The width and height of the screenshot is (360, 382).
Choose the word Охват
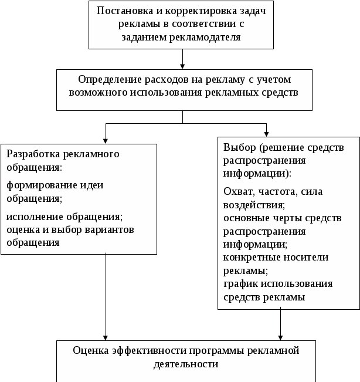(x=237, y=192)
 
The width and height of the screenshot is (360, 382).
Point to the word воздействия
(x=254, y=205)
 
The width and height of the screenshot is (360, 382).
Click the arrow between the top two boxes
(x=184, y=59)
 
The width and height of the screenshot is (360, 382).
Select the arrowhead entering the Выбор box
(x=267, y=133)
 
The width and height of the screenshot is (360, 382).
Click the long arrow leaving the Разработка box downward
(x=106, y=293)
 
